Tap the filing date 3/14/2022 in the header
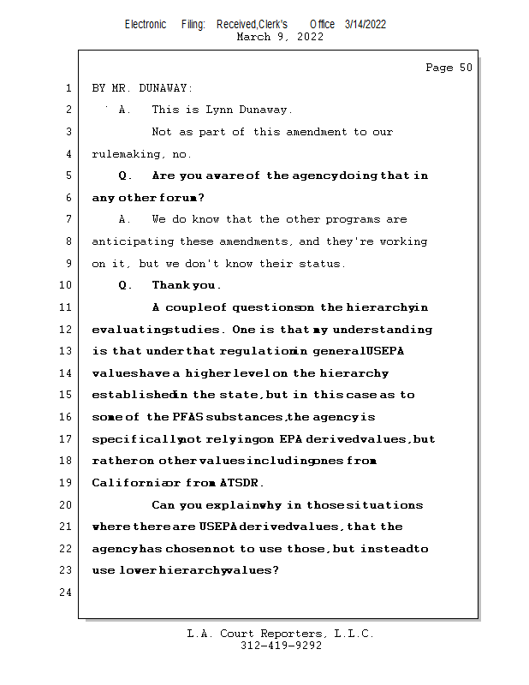[x=366, y=24]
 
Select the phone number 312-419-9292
[x=281, y=646]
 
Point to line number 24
[x=66, y=593]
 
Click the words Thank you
[x=187, y=285]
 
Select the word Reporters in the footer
[x=295, y=634]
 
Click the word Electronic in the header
[x=146, y=24]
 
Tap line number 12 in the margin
[x=66, y=330]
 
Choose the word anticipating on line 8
[x=133, y=241]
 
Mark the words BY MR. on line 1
[x=111, y=88]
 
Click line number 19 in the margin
[x=66, y=483]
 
